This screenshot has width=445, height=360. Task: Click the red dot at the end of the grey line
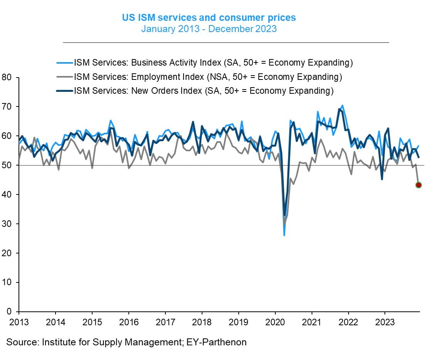(418, 185)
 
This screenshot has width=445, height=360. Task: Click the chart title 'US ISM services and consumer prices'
(209, 18)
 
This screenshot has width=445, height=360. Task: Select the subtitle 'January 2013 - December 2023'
(209, 29)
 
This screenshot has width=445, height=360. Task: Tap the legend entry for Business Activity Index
(213, 63)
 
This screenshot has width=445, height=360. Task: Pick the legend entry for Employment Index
(208, 77)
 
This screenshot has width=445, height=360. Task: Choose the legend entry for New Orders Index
(203, 91)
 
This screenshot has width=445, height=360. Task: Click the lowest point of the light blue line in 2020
(284, 235)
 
